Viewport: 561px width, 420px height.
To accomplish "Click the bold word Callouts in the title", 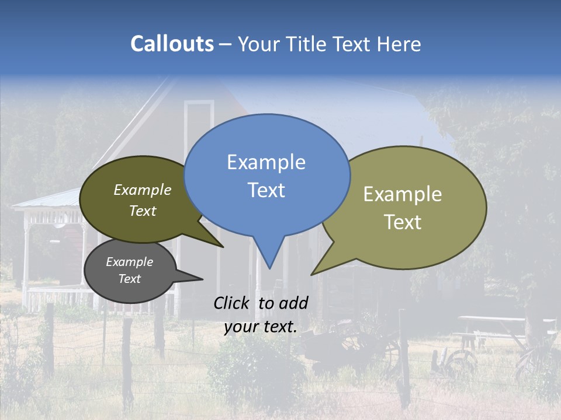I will coord(172,44).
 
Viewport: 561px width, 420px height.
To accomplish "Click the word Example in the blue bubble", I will coord(266,162).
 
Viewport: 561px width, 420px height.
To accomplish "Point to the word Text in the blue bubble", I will coord(266,190).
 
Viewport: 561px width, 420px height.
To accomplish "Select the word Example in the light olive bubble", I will coord(403,194).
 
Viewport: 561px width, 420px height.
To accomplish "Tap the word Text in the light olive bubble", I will coord(403,222).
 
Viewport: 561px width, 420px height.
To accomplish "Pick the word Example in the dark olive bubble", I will coord(143,190).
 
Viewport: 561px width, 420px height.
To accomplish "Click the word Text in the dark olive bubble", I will coord(143,211).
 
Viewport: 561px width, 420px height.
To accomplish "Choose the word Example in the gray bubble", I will coord(129,262).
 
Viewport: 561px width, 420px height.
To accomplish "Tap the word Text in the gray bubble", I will coord(129,279).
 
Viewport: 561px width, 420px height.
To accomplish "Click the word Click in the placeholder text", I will coord(233,303).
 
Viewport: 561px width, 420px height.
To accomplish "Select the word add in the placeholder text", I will coord(293,303).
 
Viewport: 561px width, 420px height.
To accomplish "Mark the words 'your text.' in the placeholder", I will coord(260,327).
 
